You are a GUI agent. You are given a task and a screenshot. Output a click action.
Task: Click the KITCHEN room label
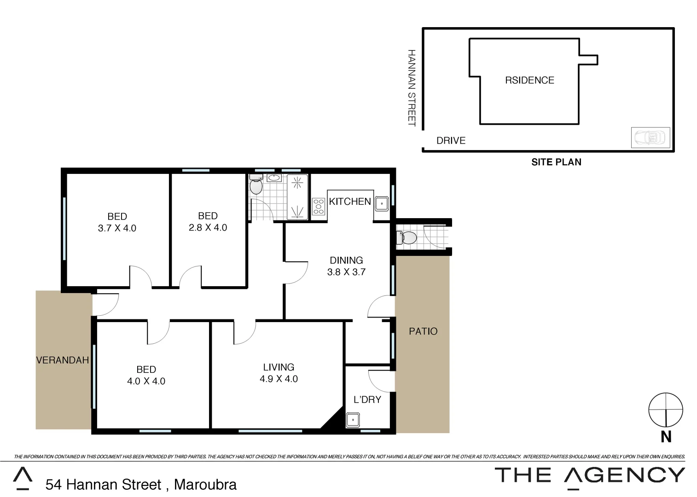click(349, 202)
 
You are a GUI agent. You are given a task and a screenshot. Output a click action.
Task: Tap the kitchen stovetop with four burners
click(318, 206)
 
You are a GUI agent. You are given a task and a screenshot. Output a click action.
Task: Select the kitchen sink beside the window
click(381, 203)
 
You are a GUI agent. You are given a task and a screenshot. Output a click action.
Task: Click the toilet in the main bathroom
click(256, 186)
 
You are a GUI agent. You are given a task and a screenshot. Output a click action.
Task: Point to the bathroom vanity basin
click(274, 178)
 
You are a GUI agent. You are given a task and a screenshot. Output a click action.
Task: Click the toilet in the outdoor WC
click(408, 238)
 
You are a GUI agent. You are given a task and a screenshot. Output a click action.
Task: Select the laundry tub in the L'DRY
click(353, 420)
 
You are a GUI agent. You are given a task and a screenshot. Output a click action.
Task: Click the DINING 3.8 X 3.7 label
click(346, 266)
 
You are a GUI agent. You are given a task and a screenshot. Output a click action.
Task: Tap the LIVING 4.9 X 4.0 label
click(279, 373)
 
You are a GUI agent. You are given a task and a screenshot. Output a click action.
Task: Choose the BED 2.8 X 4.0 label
click(208, 221)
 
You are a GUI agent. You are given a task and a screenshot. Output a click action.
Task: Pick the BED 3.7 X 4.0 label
click(117, 222)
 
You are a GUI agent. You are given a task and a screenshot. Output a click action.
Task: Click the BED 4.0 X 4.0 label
click(146, 375)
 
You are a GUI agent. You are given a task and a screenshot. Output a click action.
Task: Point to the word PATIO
click(423, 331)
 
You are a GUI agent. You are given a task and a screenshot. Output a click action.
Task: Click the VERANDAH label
click(63, 360)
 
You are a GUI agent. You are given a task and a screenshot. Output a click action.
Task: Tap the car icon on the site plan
click(650, 138)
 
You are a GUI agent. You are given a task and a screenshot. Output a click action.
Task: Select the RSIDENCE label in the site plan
click(529, 81)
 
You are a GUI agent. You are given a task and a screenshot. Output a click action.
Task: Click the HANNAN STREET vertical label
click(412, 88)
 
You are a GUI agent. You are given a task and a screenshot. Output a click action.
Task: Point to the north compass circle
click(665, 410)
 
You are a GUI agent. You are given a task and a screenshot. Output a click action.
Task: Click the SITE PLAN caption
click(556, 162)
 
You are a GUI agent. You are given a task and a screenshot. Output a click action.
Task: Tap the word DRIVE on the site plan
click(451, 141)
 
